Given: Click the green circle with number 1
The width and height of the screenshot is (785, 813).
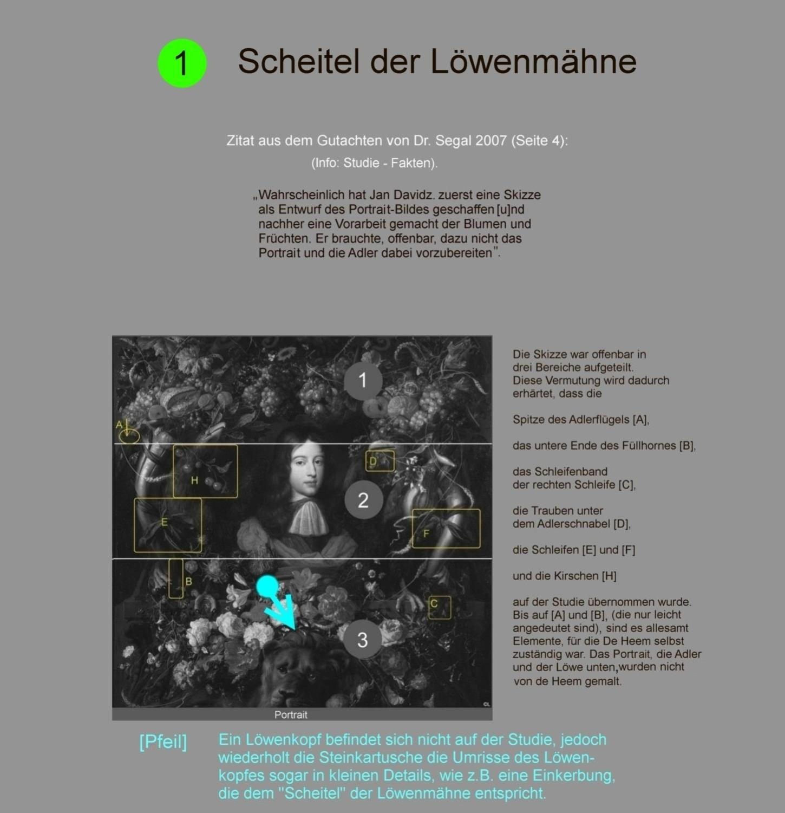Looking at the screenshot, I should point(182,63).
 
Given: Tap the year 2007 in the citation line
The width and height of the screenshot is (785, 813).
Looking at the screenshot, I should point(491,141).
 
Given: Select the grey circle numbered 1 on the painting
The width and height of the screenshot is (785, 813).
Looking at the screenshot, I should point(363,381).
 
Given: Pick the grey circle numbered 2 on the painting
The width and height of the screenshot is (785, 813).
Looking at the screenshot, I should point(363,499).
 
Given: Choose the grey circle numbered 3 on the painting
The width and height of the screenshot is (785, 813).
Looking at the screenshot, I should point(362,640).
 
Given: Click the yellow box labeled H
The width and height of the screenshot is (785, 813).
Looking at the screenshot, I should point(205,471).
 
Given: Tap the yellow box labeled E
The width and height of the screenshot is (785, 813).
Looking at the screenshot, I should point(168,525).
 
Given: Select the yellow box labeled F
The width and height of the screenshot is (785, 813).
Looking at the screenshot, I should point(446,528).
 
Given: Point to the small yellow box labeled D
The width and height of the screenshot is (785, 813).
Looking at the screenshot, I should point(380,461).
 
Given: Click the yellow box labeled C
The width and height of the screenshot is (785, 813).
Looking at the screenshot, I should point(439,608).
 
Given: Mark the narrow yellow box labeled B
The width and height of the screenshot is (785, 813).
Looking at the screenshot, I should point(175,578).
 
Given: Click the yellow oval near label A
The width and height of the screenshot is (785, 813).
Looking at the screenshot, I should point(129,435).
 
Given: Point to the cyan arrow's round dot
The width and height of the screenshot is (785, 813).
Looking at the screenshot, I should point(267,586).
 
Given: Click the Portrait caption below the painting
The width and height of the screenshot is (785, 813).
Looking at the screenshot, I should point(291,714).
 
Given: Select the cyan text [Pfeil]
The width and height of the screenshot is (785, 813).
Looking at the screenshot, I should point(163,742).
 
